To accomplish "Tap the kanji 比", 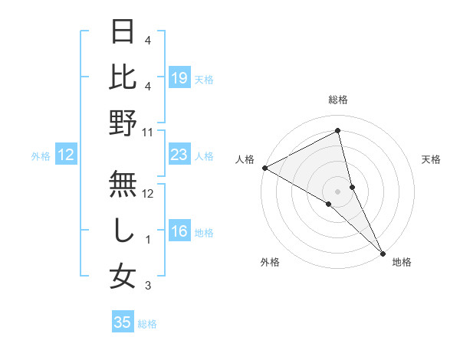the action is click(123, 78).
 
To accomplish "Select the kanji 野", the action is click(123, 123).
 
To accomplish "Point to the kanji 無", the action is click(123, 184).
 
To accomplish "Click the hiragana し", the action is click(123, 231).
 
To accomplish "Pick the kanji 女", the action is click(123, 277).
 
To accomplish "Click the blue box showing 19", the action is click(179, 77).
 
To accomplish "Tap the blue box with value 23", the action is click(179, 155).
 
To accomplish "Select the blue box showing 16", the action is click(179, 232).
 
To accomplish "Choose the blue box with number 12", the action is click(66, 155).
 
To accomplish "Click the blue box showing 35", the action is click(123, 322).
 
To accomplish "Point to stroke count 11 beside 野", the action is click(148, 132).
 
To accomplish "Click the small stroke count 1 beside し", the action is click(148, 240).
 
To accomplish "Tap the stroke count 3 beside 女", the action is click(148, 286).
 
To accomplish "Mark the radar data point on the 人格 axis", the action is click(264, 168).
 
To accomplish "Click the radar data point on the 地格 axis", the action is click(383, 251).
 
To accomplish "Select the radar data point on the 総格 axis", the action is click(338, 131).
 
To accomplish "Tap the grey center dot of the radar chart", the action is click(338, 190).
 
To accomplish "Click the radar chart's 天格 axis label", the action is click(431, 159).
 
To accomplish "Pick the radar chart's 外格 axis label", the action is click(270, 262).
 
